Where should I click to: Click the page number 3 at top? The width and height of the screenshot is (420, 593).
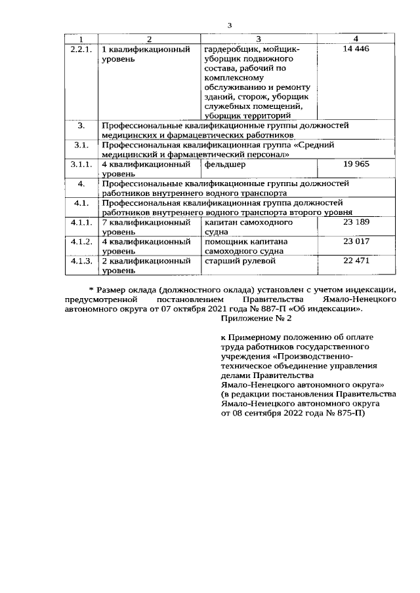(x=230, y=25)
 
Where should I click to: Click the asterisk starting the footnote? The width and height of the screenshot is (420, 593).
(x=91, y=289)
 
